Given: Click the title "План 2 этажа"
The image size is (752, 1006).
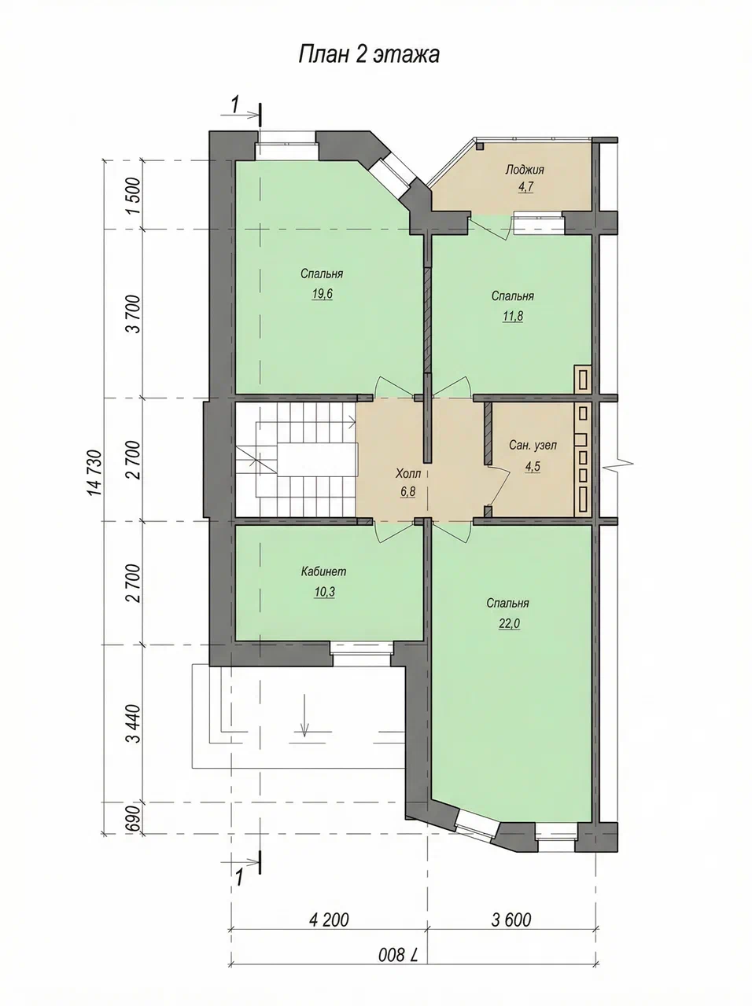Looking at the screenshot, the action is [x=369, y=54].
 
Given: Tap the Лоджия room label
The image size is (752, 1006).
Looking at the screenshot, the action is [x=524, y=170].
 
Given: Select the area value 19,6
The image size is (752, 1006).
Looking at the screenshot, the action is [x=322, y=294].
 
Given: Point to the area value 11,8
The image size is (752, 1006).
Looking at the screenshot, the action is [x=513, y=316].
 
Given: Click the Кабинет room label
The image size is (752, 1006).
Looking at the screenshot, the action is [x=323, y=571].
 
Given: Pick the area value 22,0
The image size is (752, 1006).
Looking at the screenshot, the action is [x=509, y=623].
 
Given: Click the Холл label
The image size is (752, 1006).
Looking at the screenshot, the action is [x=407, y=472].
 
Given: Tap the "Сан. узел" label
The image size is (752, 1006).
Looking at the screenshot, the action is [x=533, y=445].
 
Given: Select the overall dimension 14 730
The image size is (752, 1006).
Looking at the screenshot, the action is [x=95, y=472].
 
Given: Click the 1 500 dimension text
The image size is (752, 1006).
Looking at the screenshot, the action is [x=134, y=195].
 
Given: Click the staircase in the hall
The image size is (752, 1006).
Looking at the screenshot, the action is [x=297, y=460].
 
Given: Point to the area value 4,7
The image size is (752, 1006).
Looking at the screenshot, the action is [x=525, y=187].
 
